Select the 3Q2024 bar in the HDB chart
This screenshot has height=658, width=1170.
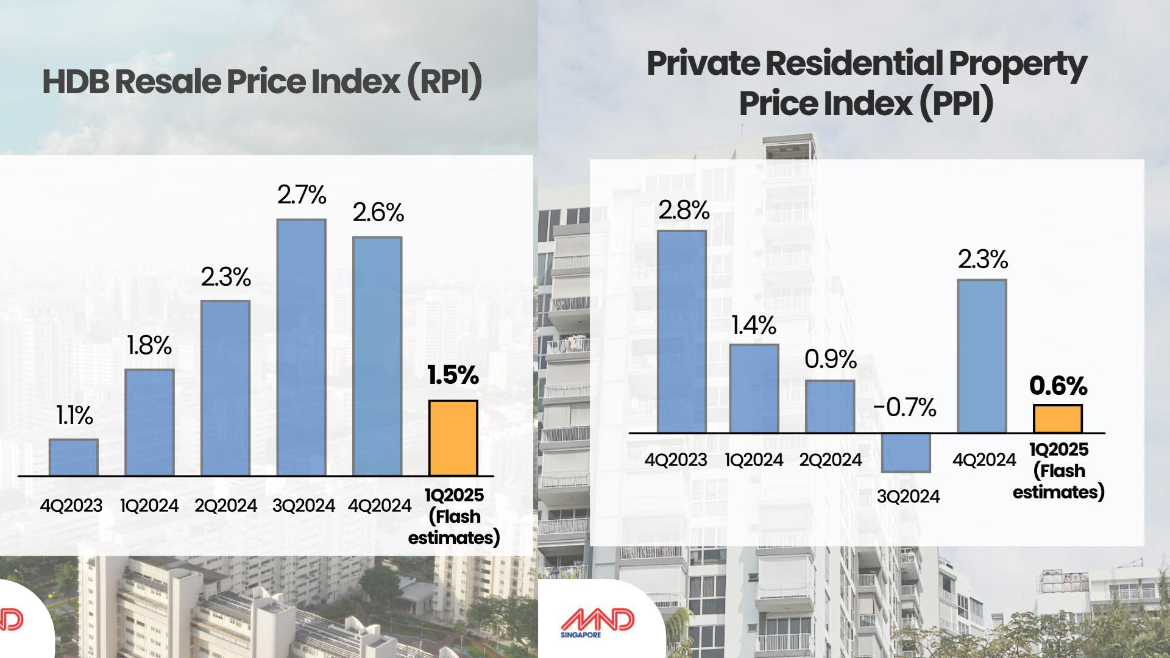pyautogui.click(x=301, y=347)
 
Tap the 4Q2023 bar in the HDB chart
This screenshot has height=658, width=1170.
pyautogui.click(x=73, y=457)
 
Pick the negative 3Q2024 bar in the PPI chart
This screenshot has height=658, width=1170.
pyautogui.click(x=906, y=452)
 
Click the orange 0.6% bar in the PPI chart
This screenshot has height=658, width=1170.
pyautogui.click(x=1058, y=419)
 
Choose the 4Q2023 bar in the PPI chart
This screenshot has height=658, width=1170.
pyautogui.click(x=681, y=332)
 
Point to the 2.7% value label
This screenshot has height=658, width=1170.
pyautogui.click(x=302, y=195)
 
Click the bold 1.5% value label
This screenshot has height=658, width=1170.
pyautogui.click(x=453, y=375)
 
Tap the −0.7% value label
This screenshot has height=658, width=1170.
pyautogui.click(x=905, y=408)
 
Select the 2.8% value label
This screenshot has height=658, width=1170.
pyautogui.click(x=684, y=211)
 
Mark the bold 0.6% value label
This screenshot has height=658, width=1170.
pyautogui.click(x=1058, y=386)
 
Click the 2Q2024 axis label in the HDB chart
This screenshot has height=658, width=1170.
pyautogui.click(x=225, y=506)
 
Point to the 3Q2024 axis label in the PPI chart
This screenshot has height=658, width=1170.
pyautogui.click(x=908, y=496)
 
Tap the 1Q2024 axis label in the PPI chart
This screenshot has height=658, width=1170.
pyautogui.click(x=754, y=460)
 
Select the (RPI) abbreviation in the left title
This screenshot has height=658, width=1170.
pyautogui.click(x=444, y=82)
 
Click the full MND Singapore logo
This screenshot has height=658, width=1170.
pyautogui.click(x=597, y=623)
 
